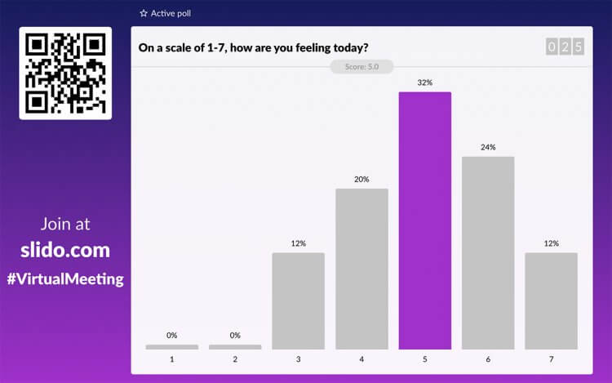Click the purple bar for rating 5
click(x=424, y=220)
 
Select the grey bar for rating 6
click(x=488, y=253)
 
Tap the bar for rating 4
click(x=361, y=269)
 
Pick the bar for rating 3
click(x=298, y=301)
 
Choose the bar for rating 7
click(x=551, y=301)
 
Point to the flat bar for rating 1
click(x=171, y=347)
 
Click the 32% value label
click(x=424, y=82)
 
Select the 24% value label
click(x=488, y=147)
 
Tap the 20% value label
click(x=361, y=179)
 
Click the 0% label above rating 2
click(x=235, y=335)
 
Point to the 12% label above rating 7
click(x=551, y=243)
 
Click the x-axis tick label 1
click(x=171, y=359)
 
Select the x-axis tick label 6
click(x=488, y=359)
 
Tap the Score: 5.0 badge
click(x=361, y=67)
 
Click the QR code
click(x=65, y=73)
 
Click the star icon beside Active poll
click(x=144, y=13)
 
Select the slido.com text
click(x=65, y=250)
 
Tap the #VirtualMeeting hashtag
click(x=65, y=279)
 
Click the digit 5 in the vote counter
click(x=579, y=47)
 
